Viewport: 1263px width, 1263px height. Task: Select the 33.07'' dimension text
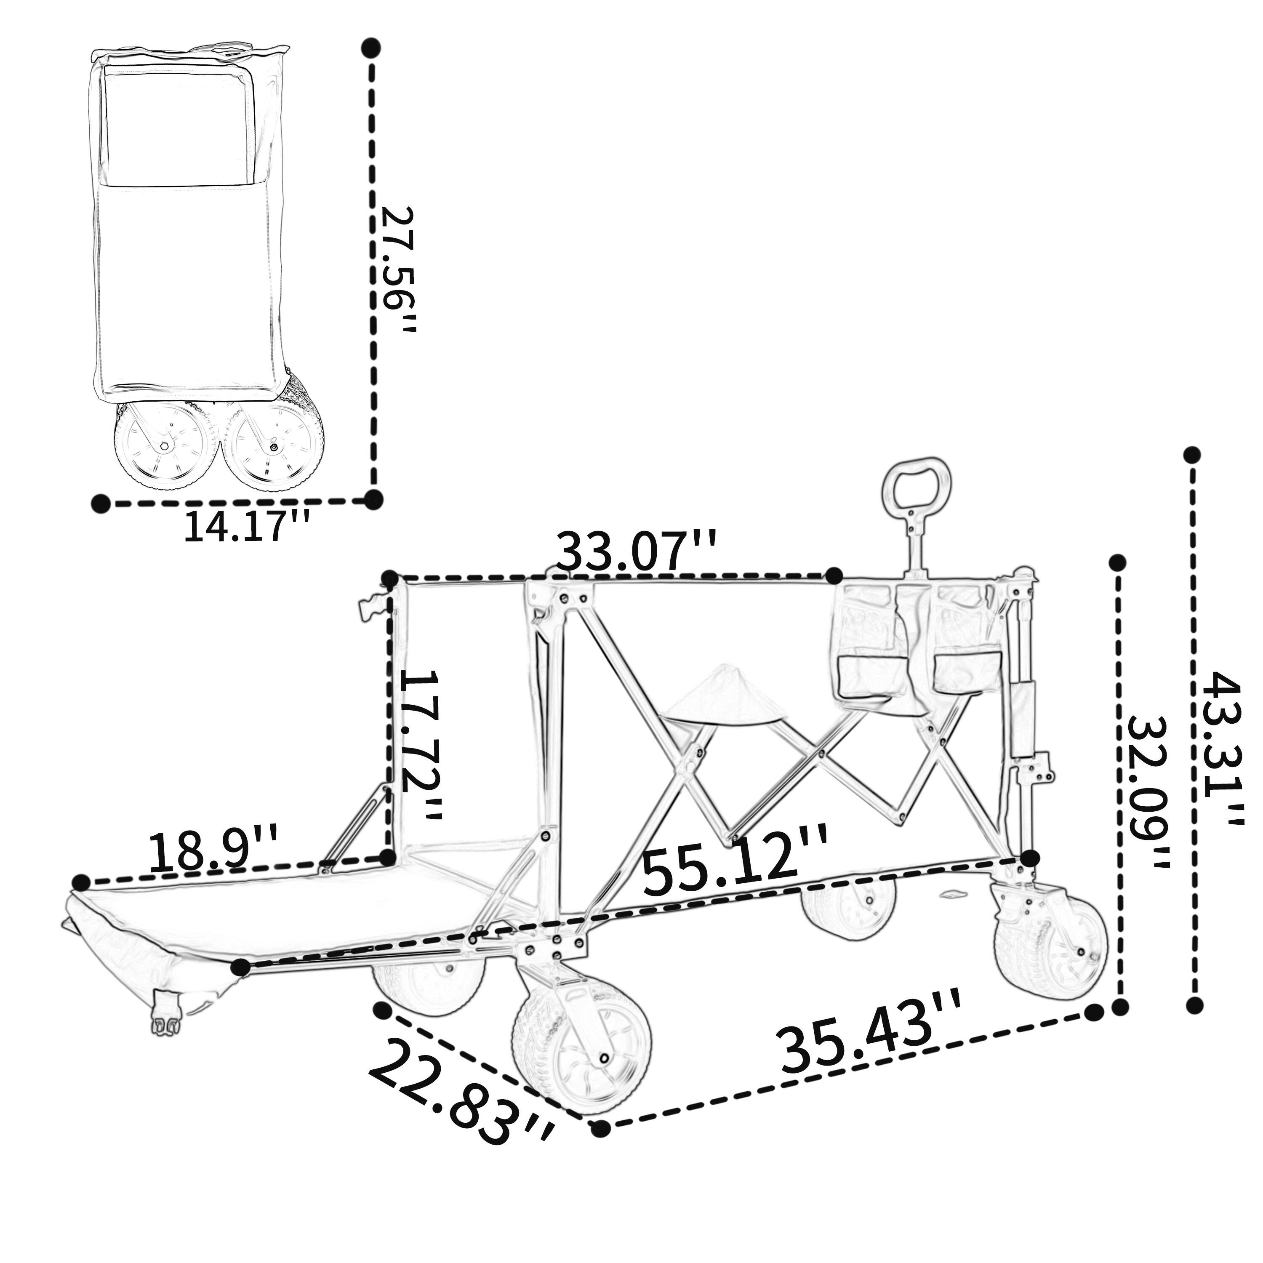[x=636, y=552]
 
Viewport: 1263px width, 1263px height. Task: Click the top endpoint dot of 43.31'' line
[x=1192, y=455]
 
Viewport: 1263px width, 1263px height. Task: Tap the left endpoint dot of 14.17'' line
[x=100, y=504]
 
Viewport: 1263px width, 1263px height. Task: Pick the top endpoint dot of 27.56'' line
[x=371, y=47]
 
